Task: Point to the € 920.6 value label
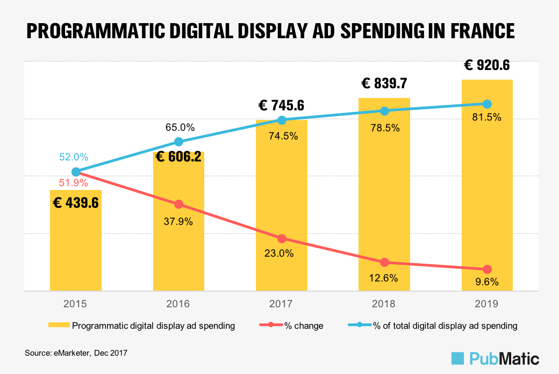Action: pos(487,66)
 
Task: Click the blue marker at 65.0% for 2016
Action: pos(178,142)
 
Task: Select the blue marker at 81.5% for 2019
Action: pos(487,104)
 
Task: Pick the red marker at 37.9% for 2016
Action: pos(178,204)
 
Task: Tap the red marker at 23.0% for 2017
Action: pos(282,238)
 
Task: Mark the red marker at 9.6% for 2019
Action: pos(487,269)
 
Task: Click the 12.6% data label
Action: pos(384,278)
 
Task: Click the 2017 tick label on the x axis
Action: pos(282,304)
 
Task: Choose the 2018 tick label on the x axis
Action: pos(384,304)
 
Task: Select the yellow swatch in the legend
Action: pos(59,326)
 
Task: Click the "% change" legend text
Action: pos(304,326)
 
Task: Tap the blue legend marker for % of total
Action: pos(360,326)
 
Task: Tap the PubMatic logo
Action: pos(495,358)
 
